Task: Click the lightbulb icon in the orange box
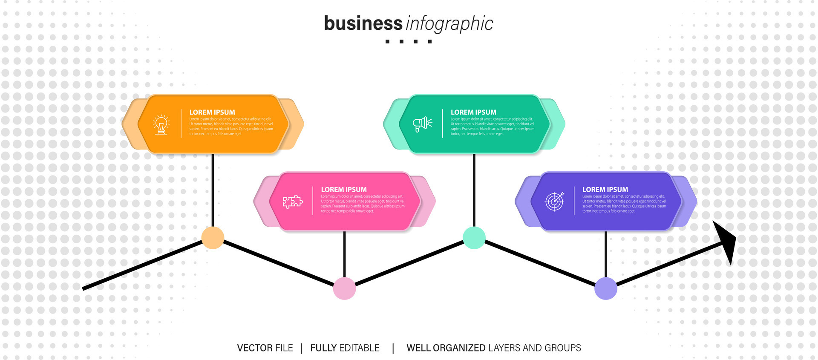(161, 124)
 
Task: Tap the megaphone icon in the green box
(422, 124)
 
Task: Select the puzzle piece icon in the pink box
(293, 202)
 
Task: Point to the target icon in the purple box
(555, 201)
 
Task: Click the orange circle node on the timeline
(213, 238)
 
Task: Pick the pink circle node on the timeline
(344, 288)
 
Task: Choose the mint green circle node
(474, 238)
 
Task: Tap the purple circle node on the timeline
(605, 288)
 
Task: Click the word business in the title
(363, 23)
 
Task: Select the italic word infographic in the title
(449, 24)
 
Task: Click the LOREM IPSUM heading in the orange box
(212, 112)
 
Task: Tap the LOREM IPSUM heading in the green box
(473, 112)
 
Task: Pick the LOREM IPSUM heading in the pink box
(344, 190)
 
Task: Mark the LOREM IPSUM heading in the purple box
(605, 190)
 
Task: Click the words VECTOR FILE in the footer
(265, 348)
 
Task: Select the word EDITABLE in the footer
(359, 348)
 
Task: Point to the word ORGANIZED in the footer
(459, 348)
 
